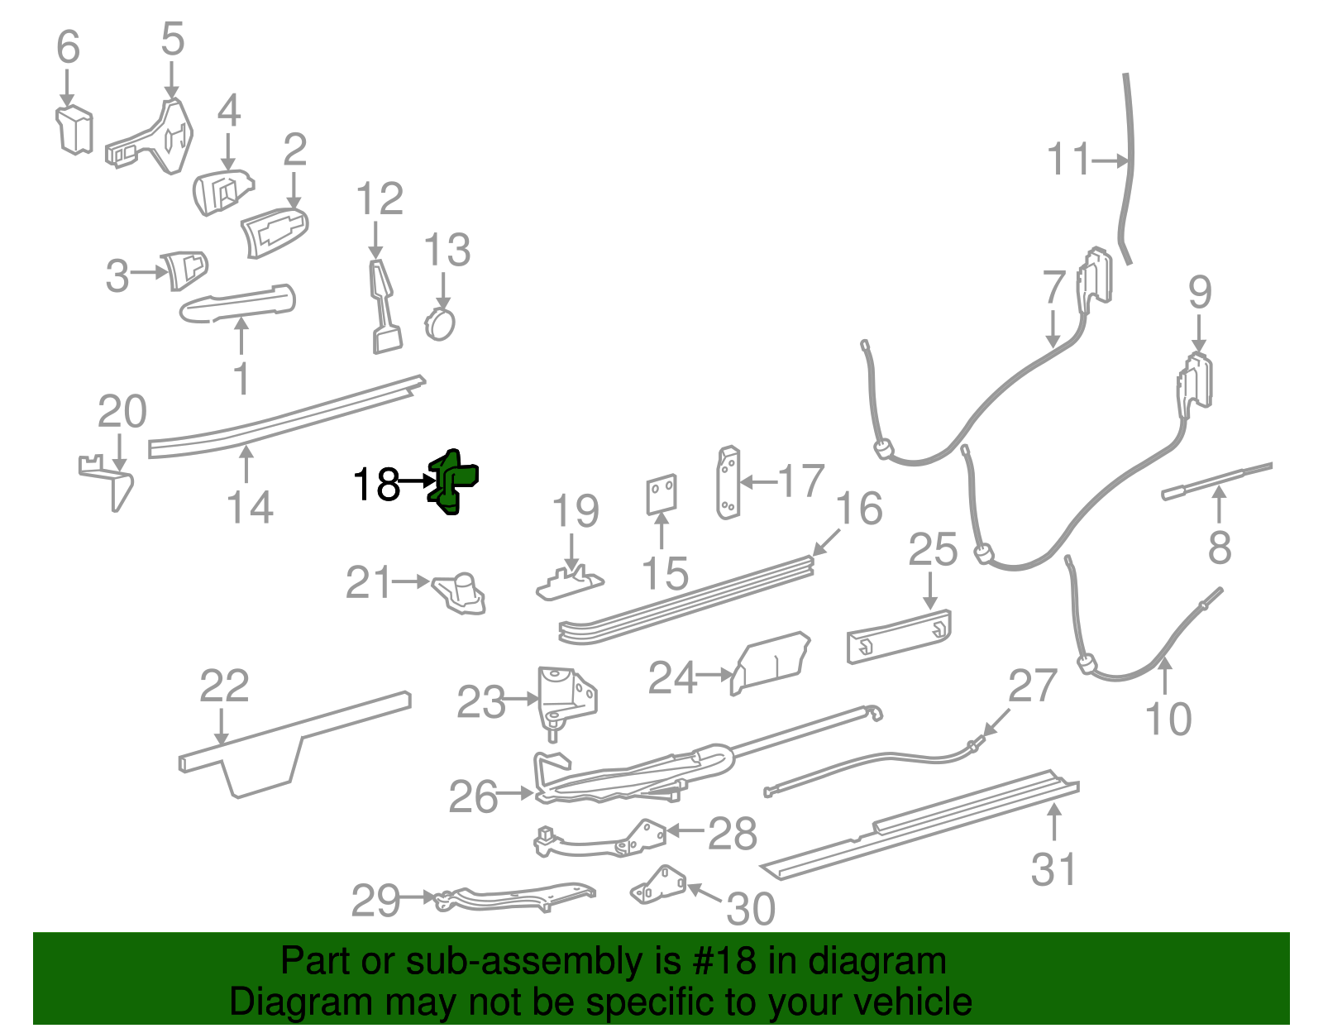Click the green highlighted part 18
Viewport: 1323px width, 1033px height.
click(451, 481)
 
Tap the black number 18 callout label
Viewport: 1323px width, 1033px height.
click(376, 484)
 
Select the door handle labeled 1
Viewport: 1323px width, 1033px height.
click(238, 304)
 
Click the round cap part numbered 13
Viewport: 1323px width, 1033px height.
click(440, 323)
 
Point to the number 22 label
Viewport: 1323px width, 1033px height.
click(224, 686)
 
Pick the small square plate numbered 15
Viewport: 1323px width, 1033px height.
click(661, 495)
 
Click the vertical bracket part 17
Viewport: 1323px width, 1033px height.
click(728, 483)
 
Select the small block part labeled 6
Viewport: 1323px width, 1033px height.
click(74, 129)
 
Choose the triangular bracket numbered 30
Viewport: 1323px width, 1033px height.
click(658, 886)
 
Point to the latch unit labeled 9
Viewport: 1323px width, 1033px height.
click(1195, 382)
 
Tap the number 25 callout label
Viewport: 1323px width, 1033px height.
click(933, 549)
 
